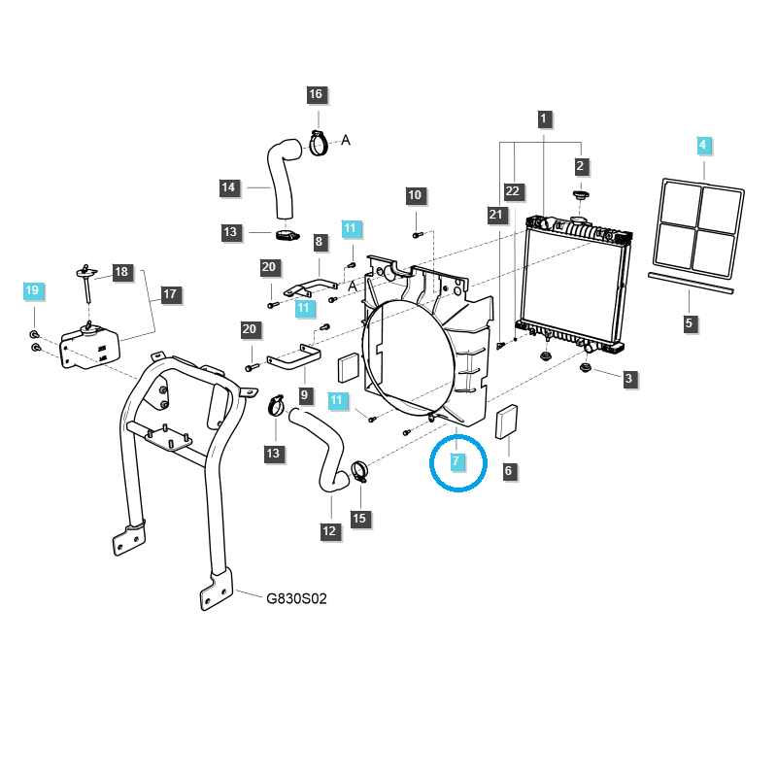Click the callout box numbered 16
coord(316,94)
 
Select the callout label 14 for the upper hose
coord(228,187)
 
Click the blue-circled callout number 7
coord(456,459)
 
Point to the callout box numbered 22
coord(514,191)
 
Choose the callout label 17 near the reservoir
coord(170,293)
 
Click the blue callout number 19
coord(32,290)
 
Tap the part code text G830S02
coord(296,599)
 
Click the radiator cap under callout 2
coord(582,197)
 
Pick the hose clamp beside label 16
coord(319,145)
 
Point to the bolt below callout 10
coord(416,233)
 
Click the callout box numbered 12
coord(329,531)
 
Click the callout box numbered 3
coord(628,378)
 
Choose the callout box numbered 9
coord(304,395)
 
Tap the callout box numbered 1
coord(544,119)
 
